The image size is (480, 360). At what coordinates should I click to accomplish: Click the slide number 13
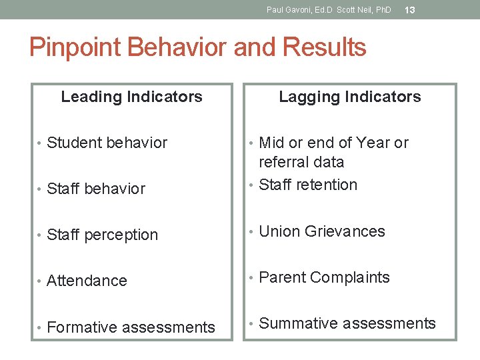click(x=410, y=10)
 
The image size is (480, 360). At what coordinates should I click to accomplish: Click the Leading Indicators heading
click(x=131, y=97)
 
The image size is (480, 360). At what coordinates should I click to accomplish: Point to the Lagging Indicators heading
click(x=349, y=97)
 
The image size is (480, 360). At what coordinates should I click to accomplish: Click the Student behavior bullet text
click(x=107, y=143)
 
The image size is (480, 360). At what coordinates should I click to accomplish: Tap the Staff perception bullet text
click(x=102, y=235)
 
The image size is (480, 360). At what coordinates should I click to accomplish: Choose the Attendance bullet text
click(x=87, y=281)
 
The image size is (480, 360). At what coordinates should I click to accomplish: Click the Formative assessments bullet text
click(x=131, y=327)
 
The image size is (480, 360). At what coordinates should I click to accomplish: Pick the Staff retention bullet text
click(x=307, y=185)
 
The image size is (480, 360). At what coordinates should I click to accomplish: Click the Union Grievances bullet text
click(x=321, y=231)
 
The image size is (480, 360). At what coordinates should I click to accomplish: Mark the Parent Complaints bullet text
click(x=323, y=277)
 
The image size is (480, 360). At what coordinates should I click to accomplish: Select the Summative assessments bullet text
click(x=347, y=323)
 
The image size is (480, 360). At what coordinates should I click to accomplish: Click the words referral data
click(x=301, y=162)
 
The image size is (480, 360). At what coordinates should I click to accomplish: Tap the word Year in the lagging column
click(x=373, y=143)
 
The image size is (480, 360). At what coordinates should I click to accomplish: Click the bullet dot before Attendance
click(x=41, y=281)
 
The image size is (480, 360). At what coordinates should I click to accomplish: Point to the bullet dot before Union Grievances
click(x=252, y=232)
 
